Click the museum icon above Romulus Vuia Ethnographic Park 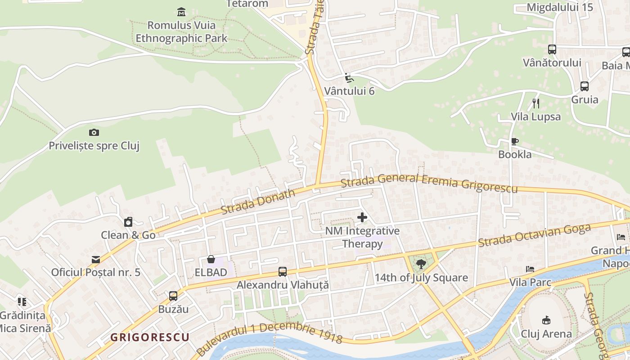(181, 11)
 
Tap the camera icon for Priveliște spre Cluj (94, 132)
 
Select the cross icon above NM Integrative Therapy (362, 218)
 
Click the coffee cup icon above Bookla (515, 141)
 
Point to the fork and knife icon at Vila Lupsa (535, 103)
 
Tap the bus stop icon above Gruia (584, 86)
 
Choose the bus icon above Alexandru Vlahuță (282, 272)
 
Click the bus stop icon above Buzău (173, 296)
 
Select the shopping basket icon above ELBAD (211, 259)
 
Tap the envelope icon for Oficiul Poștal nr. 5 (96, 259)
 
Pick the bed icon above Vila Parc (530, 269)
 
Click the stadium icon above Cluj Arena (546, 320)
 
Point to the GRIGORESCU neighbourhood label (149, 337)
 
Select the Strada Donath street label (258, 201)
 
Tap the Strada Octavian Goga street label (534, 235)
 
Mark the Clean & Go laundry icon (128, 222)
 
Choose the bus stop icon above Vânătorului (552, 49)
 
